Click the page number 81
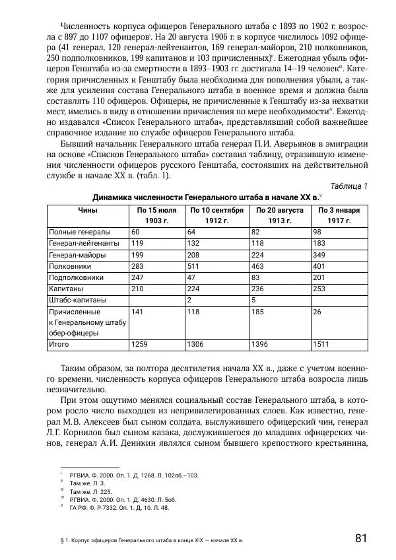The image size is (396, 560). coord(360,538)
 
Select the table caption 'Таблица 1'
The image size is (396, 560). coord(349,186)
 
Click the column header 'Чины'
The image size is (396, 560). coord(87,209)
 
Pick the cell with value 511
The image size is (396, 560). coord(193,265)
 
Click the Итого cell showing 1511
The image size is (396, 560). coord(321,344)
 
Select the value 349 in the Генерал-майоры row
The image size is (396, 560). coord(319,254)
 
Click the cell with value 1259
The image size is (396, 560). coord(141,344)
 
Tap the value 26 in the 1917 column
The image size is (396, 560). coord(317,311)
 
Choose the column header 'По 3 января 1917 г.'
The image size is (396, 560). coord(338,215)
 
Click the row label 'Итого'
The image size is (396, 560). coord(59,344)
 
